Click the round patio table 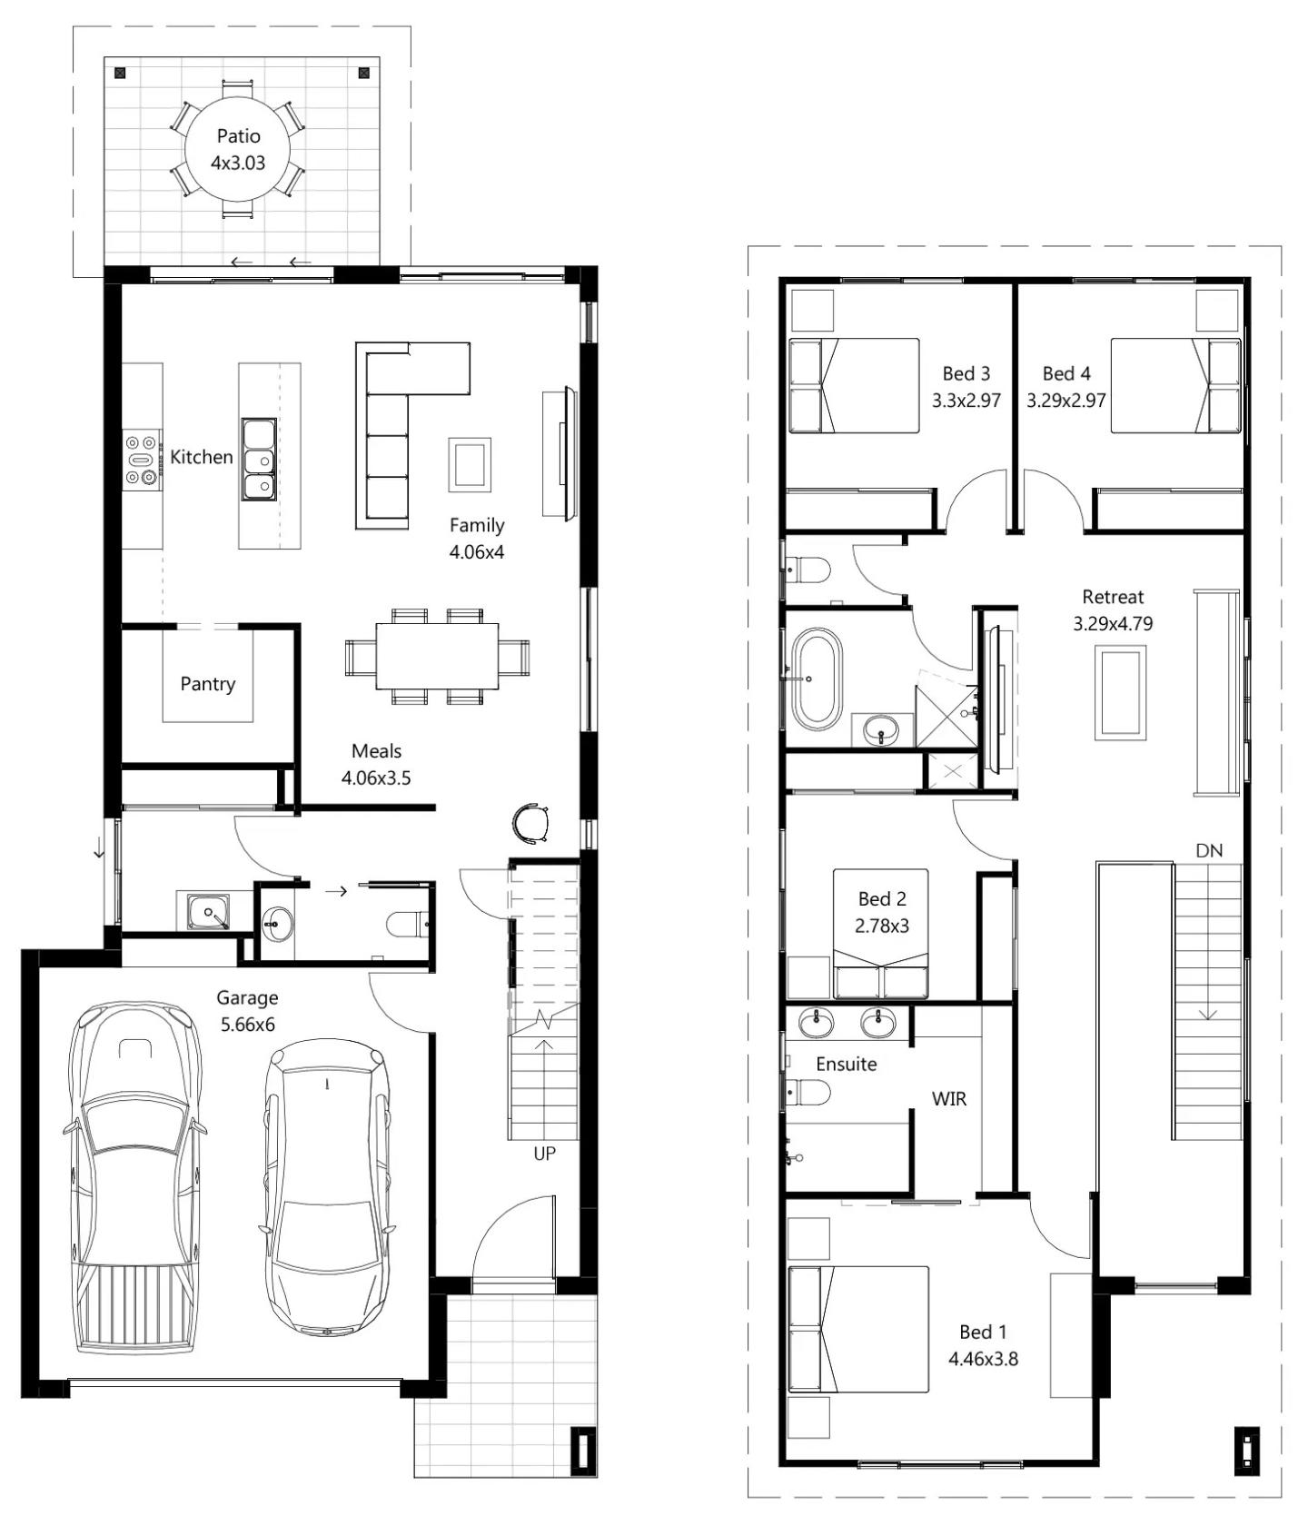point(238,150)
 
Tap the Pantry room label point(207,684)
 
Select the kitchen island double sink point(259,459)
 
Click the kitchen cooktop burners point(141,460)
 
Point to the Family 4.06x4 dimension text point(477,551)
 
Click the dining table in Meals point(437,656)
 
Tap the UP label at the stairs point(544,1154)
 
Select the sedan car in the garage point(328,1190)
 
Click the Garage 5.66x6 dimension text point(247,1025)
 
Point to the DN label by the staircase point(1209,851)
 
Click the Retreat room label point(1113,597)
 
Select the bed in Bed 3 point(854,386)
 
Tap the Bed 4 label point(1066,373)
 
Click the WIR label point(949,1099)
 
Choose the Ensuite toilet point(808,1093)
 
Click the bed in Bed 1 point(858,1329)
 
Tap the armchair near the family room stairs point(530,824)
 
